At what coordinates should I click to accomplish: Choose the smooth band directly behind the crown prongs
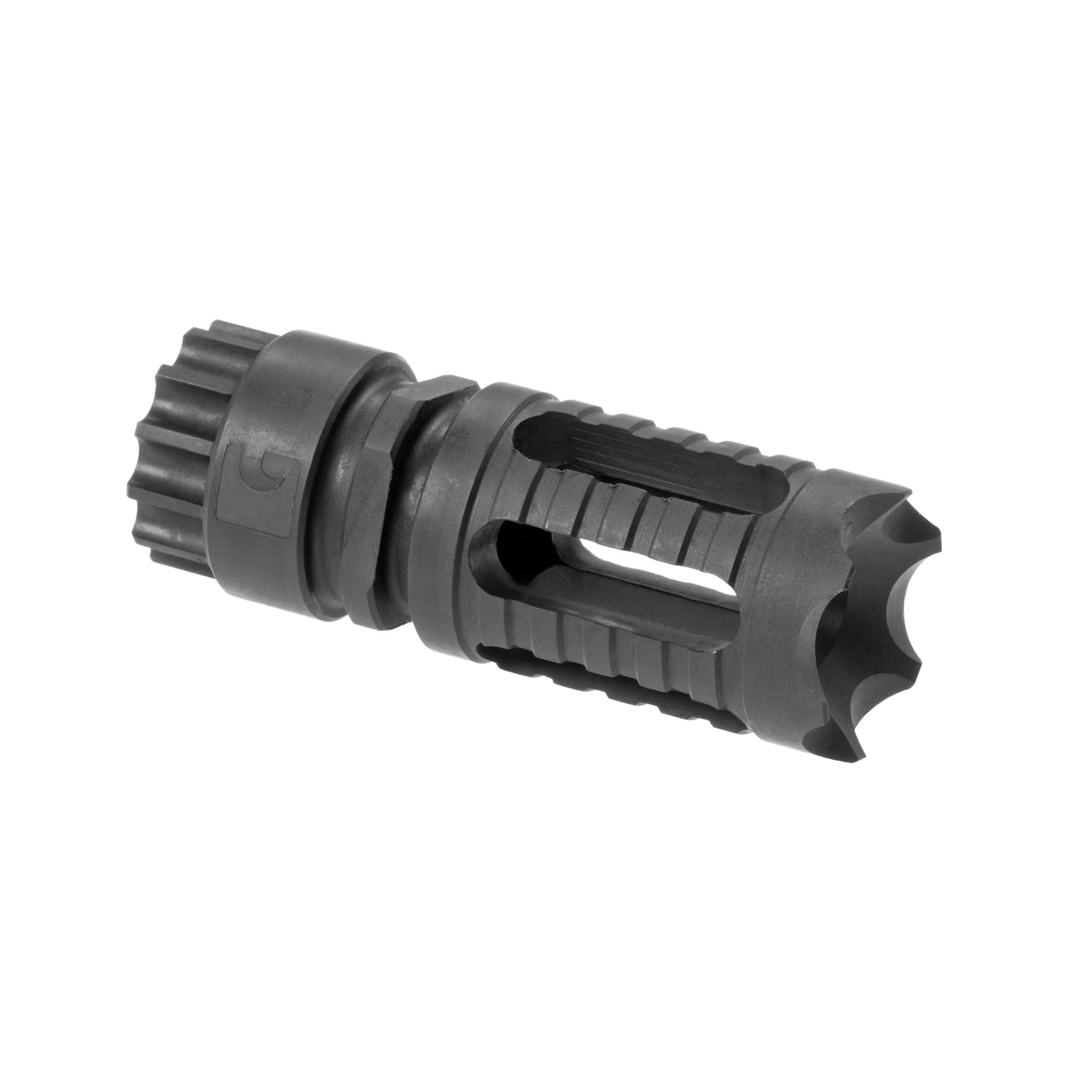(786, 609)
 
